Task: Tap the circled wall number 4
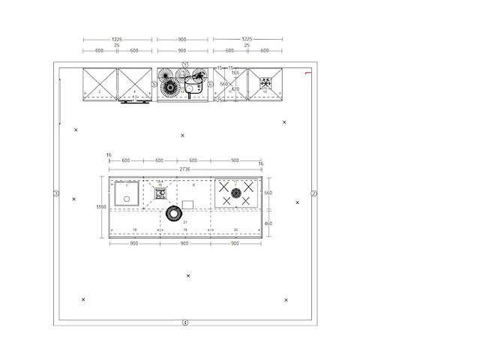(184, 322)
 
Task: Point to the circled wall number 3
(56, 194)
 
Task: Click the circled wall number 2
(314, 194)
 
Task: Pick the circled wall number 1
(184, 65)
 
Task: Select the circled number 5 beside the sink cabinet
(154, 85)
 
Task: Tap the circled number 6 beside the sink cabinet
(211, 85)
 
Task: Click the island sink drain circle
(127, 199)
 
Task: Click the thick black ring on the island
(174, 215)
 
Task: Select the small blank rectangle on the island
(187, 205)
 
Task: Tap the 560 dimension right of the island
(268, 193)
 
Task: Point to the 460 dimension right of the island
(268, 223)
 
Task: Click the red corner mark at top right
(307, 73)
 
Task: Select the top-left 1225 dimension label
(116, 39)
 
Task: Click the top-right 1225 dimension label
(247, 39)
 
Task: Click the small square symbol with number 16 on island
(160, 193)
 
